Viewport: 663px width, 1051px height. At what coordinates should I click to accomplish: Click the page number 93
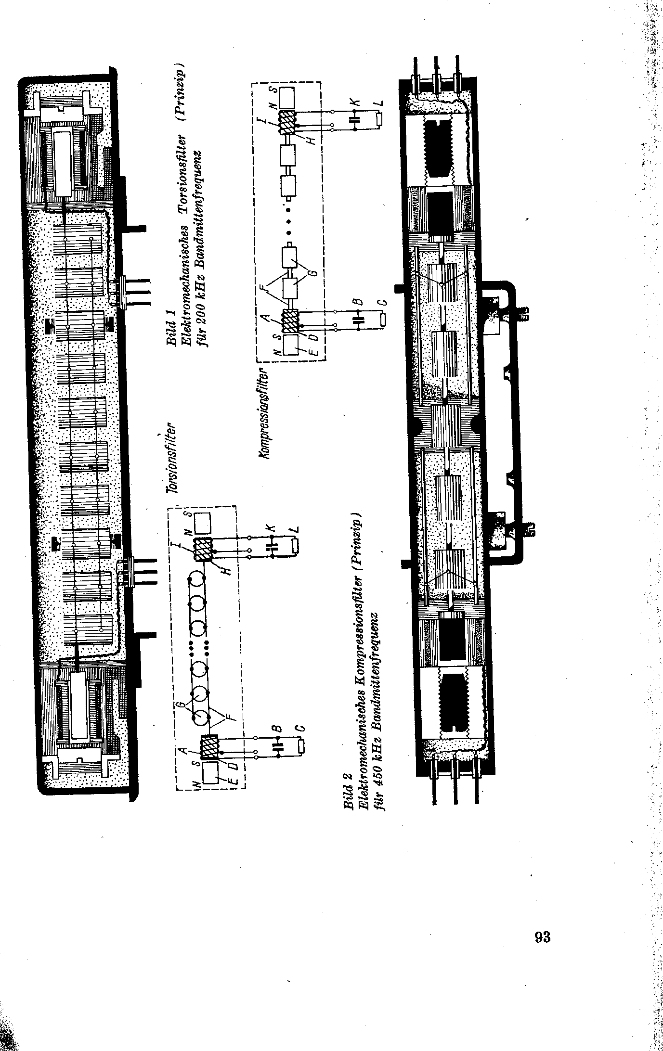[542, 937]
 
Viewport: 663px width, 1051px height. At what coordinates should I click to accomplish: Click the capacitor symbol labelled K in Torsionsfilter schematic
[273, 546]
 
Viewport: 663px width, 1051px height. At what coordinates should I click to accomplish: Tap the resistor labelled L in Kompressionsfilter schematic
[380, 117]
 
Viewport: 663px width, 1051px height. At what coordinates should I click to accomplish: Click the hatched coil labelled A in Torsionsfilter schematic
[210, 749]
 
